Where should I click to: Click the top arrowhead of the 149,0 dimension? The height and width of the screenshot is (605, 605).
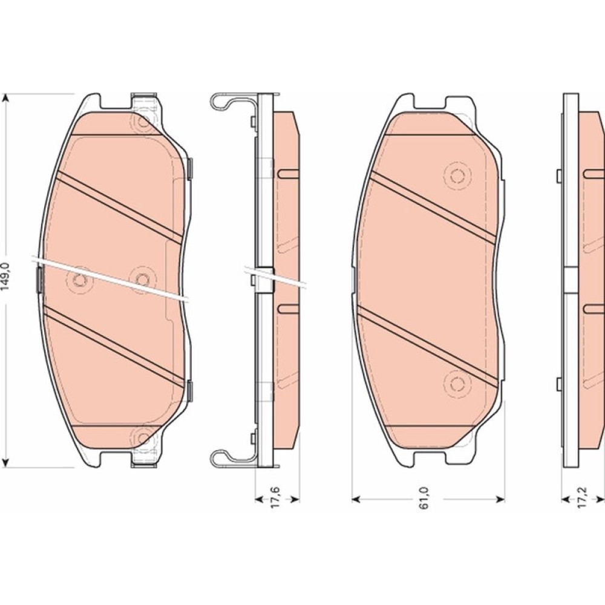pyautogui.click(x=5, y=99)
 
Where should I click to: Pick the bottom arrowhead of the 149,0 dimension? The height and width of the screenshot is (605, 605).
pyautogui.click(x=5, y=462)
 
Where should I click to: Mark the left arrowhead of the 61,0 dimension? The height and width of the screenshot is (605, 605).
pyautogui.click(x=356, y=500)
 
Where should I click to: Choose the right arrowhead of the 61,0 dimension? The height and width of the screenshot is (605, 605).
pyautogui.click(x=500, y=500)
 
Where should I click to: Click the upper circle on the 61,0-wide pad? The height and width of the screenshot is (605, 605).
pyautogui.click(x=457, y=176)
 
